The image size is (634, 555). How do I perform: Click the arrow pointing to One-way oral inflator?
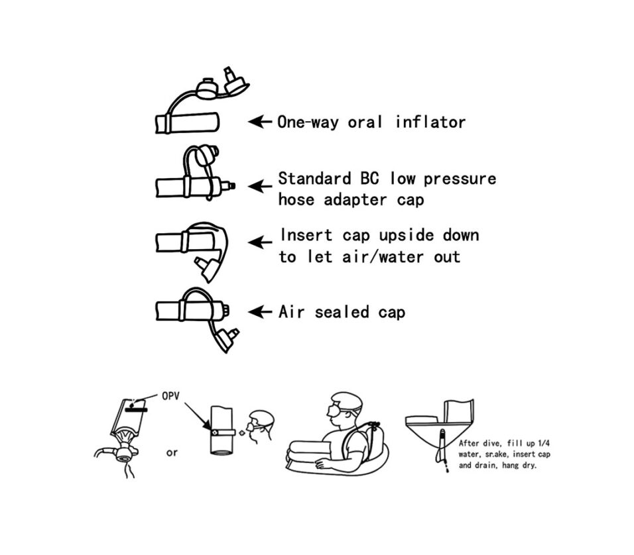pyautogui.click(x=259, y=121)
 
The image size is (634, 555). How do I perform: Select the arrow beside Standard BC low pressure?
pyautogui.click(x=259, y=187)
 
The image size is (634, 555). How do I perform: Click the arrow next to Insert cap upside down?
pyautogui.click(x=259, y=242)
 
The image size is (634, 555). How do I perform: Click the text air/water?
pyautogui.click(x=383, y=256)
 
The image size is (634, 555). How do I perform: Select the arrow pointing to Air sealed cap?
pyautogui.click(x=259, y=312)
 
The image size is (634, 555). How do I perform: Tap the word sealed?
pyautogui.click(x=342, y=312)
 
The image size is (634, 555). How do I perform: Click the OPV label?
pyautogui.click(x=170, y=396)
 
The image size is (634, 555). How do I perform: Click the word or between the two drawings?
pyautogui.click(x=172, y=453)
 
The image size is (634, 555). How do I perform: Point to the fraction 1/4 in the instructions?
pyautogui.click(x=544, y=443)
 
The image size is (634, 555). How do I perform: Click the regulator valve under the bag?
pyautogui.click(x=123, y=452)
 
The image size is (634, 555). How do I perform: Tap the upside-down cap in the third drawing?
pyautogui.click(x=208, y=268)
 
